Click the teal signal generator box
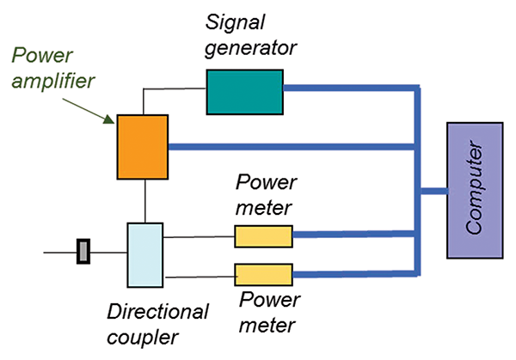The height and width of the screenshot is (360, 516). click(245, 91)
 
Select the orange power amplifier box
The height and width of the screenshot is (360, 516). click(142, 148)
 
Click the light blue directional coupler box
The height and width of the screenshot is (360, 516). click(144, 254)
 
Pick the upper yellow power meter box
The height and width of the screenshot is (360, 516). click(263, 235)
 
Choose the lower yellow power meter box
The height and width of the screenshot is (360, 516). click(263, 275)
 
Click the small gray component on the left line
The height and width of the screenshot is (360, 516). click(83, 253)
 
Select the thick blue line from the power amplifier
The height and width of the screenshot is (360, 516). click(292, 147)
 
